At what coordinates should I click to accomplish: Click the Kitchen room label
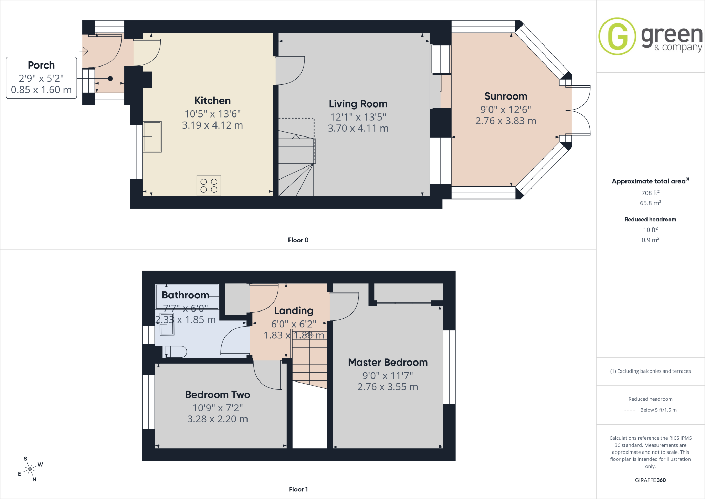pyautogui.click(x=212, y=101)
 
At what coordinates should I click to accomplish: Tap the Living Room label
pyautogui.click(x=358, y=104)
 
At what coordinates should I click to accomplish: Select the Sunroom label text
pyautogui.click(x=506, y=96)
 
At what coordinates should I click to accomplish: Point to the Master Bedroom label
pyautogui.click(x=388, y=363)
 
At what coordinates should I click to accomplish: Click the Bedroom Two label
pyautogui.click(x=218, y=395)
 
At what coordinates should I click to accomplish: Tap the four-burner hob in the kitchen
pyautogui.click(x=209, y=185)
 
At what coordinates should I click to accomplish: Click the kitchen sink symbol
pyautogui.click(x=152, y=137)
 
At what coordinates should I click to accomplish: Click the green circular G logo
pyautogui.click(x=617, y=36)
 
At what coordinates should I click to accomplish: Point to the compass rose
pyautogui.click(x=30, y=469)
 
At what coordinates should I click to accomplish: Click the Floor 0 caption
pyautogui.click(x=298, y=240)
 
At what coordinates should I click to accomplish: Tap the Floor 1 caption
pyautogui.click(x=298, y=489)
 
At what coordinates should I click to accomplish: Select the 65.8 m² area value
pyautogui.click(x=650, y=203)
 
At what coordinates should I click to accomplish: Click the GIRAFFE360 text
pyautogui.click(x=650, y=480)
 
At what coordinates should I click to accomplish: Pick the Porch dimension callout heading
pyautogui.click(x=41, y=65)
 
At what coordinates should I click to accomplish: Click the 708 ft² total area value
pyautogui.click(x=650, y=193)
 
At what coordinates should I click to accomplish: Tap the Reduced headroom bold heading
pyautogui.click(x=650, y=220)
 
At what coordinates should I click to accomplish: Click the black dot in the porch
pyautogui.click(x=110, y=79)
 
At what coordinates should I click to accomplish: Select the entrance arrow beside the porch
pyautogui.click(x=84, y=51)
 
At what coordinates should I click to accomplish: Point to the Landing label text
pyautogui.click(x=294, y=311)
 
